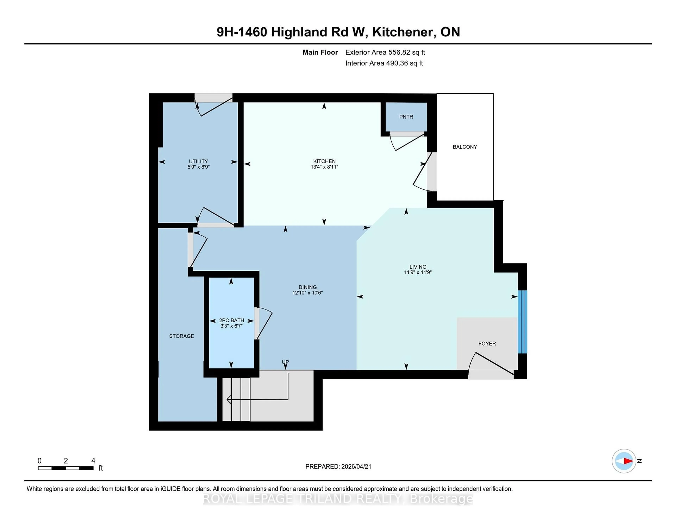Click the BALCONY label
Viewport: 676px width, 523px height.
[x=465, y=147]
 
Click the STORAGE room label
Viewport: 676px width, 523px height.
[x=181, y=336]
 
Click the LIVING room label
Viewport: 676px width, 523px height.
[x=418, y=267]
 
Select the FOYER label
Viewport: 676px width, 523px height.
[x=487, y=344]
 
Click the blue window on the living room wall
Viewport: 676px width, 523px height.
[x=522, y=322]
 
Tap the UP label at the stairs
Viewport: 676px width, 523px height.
[x=285, y=362]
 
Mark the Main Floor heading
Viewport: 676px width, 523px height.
[x=320, y=52]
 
